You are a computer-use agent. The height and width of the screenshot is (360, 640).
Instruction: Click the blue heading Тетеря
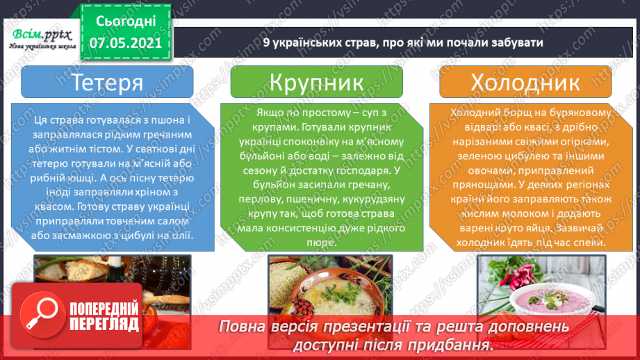click(x=108, y=83)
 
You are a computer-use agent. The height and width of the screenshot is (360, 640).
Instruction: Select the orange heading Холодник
click(x=525, y=83)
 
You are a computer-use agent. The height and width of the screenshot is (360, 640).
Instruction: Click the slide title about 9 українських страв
click(x=403, y=42)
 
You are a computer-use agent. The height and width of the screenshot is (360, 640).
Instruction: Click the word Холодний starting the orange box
click(x=475, y=113)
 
